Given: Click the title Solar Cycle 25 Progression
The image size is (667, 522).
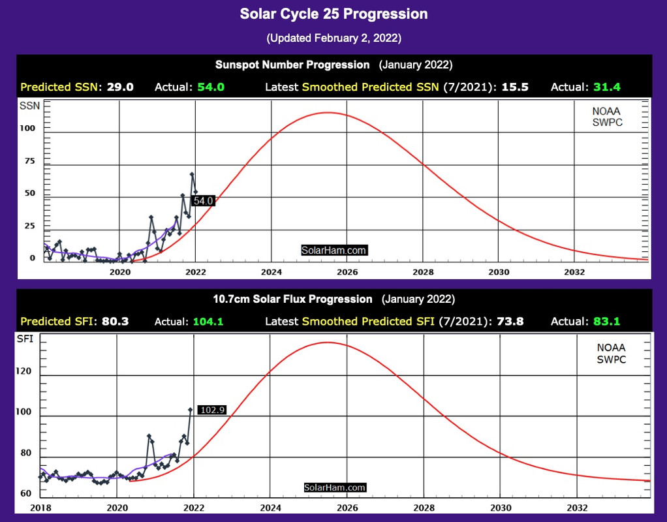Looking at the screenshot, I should pos(333,14).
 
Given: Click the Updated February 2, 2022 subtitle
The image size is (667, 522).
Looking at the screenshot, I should pos(333,38).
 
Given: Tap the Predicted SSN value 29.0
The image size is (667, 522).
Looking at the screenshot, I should pos(121,87).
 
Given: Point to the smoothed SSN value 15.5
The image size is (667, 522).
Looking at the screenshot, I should pos(513,87).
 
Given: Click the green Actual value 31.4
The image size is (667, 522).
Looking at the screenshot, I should pos(607,87).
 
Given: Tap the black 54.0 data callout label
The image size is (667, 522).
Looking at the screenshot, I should pos(204,201).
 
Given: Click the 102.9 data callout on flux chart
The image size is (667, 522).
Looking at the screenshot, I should pos(212,410).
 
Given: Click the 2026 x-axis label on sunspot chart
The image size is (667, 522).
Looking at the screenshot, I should pos(347,271).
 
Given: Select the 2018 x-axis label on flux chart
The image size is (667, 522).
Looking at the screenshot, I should pos(40,508).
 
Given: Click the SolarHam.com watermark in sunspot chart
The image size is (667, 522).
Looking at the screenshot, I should pos(334,250).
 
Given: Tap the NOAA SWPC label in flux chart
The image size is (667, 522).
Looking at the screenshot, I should pos(611,354).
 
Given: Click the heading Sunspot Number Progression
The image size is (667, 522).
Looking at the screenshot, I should pos(292,65).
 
